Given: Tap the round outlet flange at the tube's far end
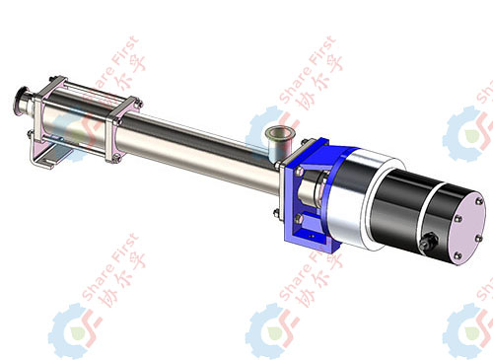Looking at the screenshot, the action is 22,102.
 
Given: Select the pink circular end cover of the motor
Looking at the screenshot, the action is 466,228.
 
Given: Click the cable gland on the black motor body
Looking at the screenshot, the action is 428,244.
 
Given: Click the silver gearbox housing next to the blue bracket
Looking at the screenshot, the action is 352,197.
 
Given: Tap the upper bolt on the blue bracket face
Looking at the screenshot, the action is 299,172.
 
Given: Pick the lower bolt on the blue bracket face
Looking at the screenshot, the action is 299,218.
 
